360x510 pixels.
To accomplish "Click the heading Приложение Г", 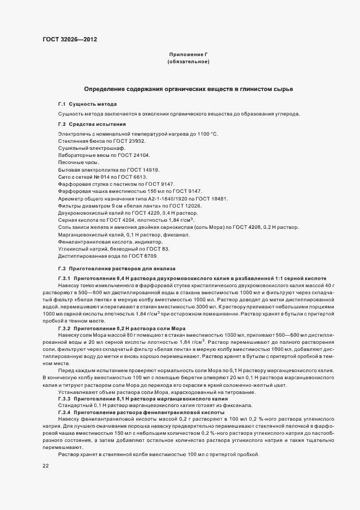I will tap(188, 55).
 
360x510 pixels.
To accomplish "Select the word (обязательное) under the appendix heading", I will tap(188, 63).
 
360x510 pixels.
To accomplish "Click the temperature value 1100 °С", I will tap(205, 134).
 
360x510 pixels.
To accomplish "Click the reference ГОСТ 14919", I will tap(143, 169).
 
